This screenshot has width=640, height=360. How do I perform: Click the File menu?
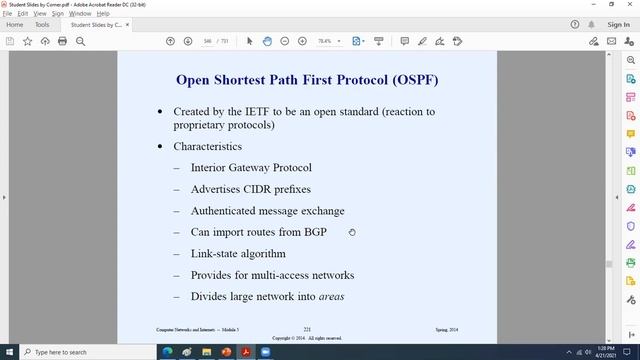pyautogui.click(x=8, y=14)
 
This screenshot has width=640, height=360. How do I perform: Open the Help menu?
pyautogui.click(x=103, y=14)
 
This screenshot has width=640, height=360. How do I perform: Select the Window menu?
pyautogui.click(x=81, y=14)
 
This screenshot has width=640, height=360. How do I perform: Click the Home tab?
pyautogui.click(x=15, y=24)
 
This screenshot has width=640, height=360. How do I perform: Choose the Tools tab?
pyautogui.click(x=42, y=24)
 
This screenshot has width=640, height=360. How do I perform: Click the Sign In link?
pyautogui.click(x=618, y=24)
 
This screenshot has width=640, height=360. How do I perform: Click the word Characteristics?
pyautogui.click(x=207, y=146)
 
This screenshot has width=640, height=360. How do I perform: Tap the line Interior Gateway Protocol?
pyautogui.click(x=251, y=168)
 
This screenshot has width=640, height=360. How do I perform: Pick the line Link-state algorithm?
pyautogui.click(x=238, y=254)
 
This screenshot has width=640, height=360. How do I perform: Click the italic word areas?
pyautogui.click(x=333, y=297)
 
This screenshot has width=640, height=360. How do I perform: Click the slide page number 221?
pyautogui.click(x=308, y=329)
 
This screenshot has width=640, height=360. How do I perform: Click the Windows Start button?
pyautogui.click(x=9, y=352)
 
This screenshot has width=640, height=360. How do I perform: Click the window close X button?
pyautogui.click(x=628, y=4)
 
